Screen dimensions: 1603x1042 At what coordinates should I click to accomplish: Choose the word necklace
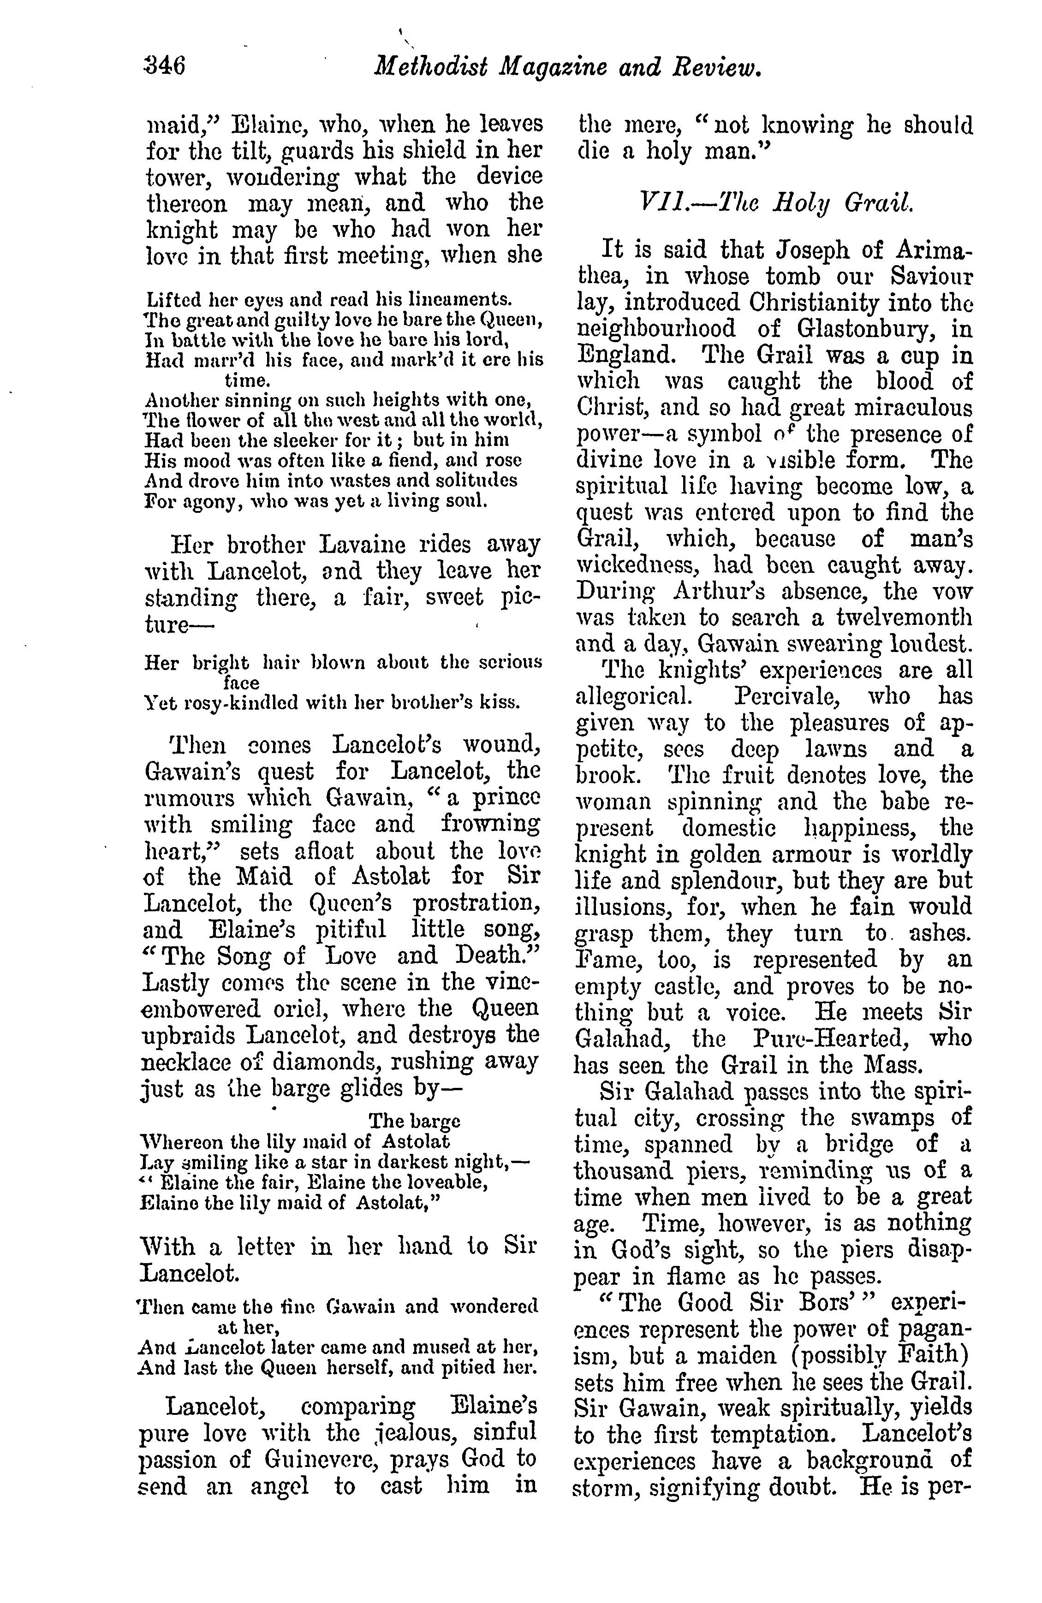coord(192,1062)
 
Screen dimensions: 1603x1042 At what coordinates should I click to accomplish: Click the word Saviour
coord(932,277)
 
